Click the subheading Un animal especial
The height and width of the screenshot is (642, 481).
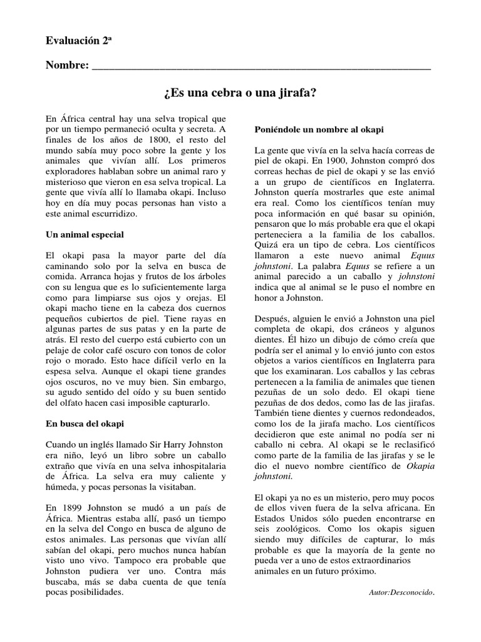tap(85, 234)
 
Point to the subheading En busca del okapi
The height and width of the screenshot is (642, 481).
tap(85, 423)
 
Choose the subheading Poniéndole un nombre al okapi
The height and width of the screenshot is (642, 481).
tap(319, 129)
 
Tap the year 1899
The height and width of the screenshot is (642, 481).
tap(73, 507)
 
